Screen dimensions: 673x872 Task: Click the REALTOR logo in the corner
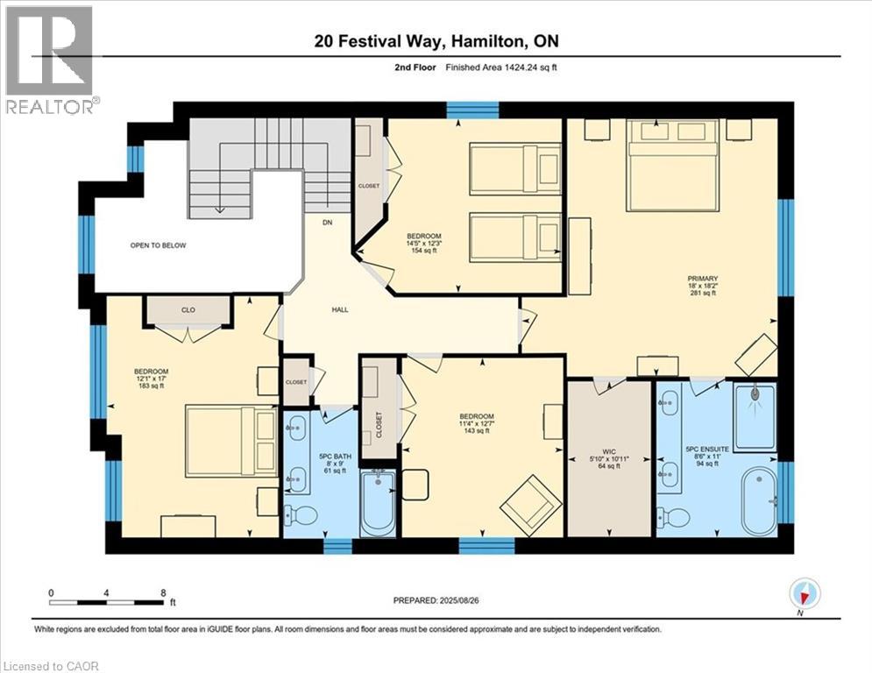(50, 59)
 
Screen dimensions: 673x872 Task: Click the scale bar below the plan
(107, 603)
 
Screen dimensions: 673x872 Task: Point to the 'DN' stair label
(328, 223)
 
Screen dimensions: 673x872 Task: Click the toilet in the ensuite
(672, 516)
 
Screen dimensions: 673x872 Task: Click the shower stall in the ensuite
(755, 416)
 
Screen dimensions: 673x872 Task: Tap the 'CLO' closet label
(188, 309)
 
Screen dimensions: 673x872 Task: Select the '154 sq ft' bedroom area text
(423, 251)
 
